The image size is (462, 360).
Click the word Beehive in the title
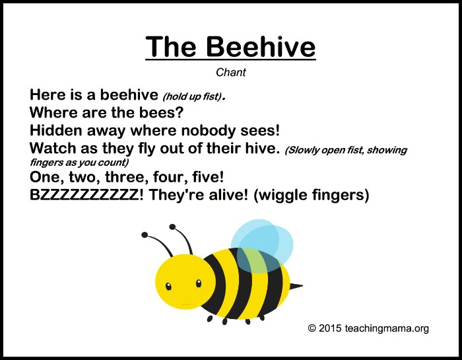261,47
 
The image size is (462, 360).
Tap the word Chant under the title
231,72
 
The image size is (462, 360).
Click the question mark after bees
180,112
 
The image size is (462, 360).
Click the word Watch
53,148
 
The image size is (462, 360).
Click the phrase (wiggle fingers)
312,195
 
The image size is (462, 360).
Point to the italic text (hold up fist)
192,96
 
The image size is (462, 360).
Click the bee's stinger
296,286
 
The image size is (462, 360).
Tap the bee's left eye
168,286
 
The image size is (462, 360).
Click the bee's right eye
199,283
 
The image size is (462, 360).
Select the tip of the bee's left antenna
145,234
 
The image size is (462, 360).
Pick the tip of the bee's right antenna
172,227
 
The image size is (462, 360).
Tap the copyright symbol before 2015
312,328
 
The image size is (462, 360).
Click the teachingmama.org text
387,328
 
